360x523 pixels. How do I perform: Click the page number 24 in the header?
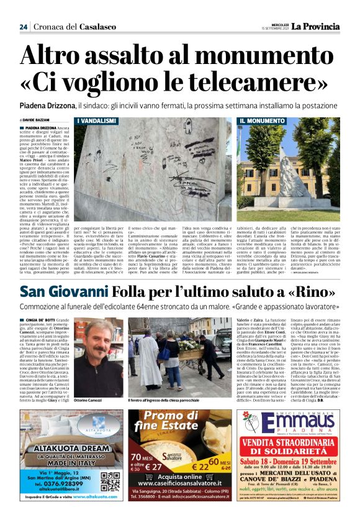coord(23,27)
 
